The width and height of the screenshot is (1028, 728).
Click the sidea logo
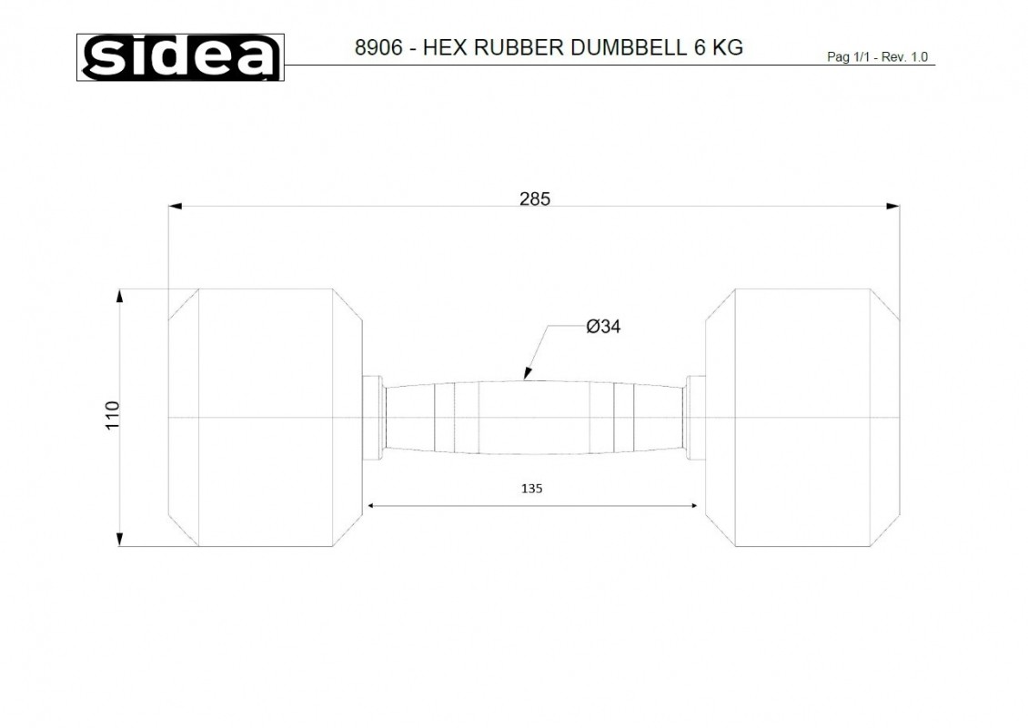click(x=180, y=57)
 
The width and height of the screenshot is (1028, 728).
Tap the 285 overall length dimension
click(x=535, y=198)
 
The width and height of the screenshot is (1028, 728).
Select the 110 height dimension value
click(x=113, y=415)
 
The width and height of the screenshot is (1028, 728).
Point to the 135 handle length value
click(x=531, y=488)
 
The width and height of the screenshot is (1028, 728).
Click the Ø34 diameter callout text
click(x=603, y=326)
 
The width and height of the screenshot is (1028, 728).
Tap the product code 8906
click(x=378, y=48)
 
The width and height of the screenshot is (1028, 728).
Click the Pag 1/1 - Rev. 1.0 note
click(x=877, y=57)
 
